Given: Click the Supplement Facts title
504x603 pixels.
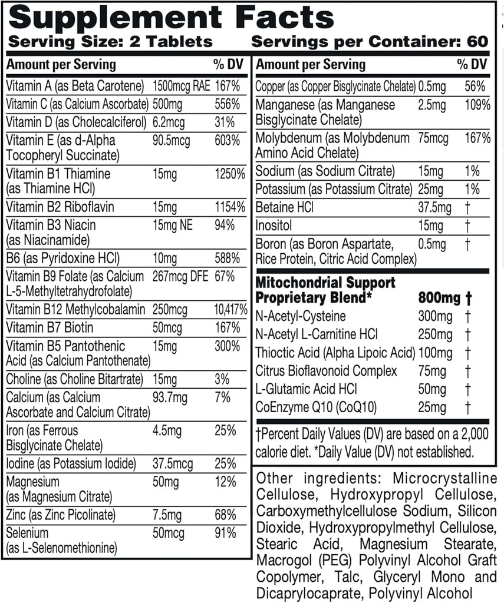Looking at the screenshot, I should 172,18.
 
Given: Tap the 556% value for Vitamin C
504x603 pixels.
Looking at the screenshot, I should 227,104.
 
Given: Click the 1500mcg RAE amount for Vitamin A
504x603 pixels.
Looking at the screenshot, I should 182,86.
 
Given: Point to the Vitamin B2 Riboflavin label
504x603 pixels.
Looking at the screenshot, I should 60,207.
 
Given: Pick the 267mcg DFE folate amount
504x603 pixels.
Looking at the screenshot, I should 176,276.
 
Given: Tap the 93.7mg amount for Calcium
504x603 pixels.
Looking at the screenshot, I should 169,397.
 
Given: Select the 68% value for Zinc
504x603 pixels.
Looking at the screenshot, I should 225,515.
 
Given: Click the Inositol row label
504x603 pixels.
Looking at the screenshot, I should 274,226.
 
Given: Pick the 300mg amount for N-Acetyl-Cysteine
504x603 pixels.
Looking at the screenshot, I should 435,317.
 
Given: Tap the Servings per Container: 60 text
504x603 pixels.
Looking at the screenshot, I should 370,41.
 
